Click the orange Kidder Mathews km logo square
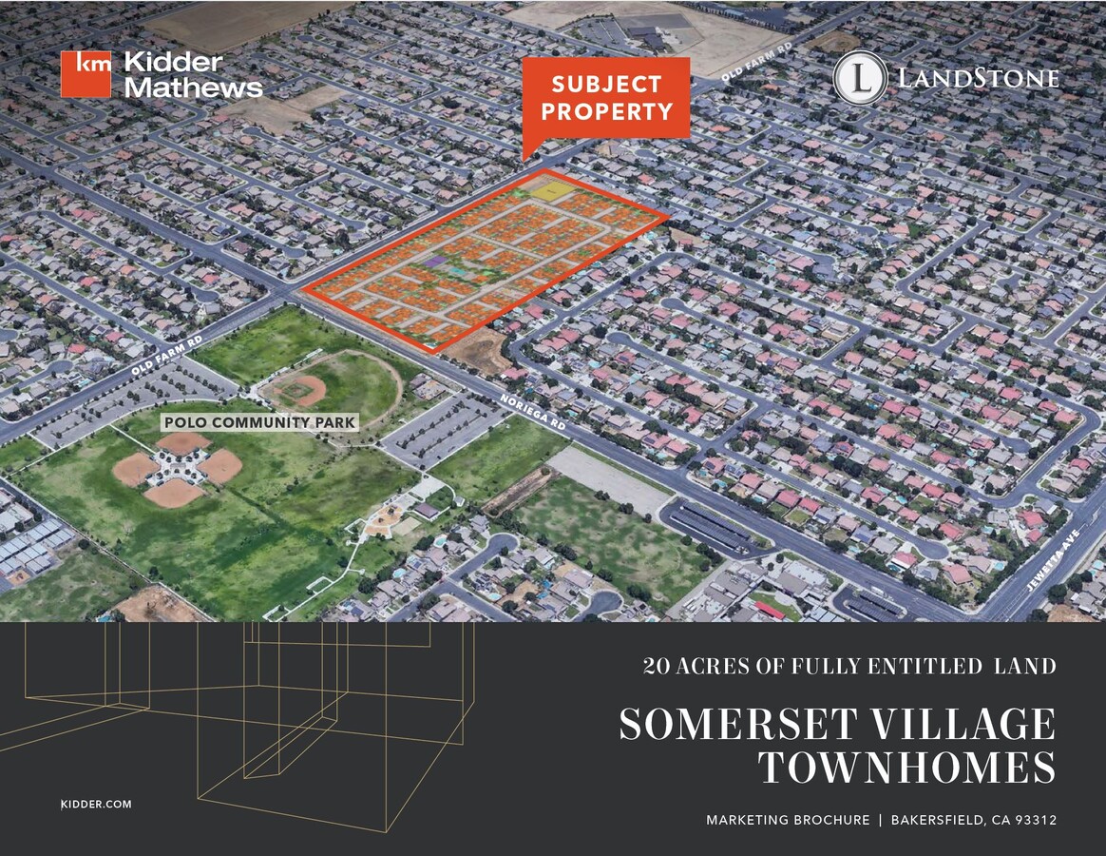click(86, 74)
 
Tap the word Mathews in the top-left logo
click(194, 88)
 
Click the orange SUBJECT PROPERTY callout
click(606, 98)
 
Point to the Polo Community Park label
click(259, 421)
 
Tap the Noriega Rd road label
click(533, 413)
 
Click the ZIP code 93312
click(1032, 820)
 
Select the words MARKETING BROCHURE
click(787, 820)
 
